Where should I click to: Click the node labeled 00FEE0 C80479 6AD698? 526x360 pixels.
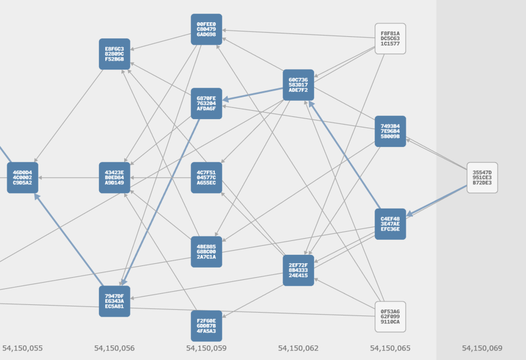point(207,29)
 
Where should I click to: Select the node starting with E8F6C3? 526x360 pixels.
point(115,54)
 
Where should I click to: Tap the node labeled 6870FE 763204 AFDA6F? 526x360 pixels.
point(207,103)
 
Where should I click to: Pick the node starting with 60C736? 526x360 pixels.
point(298,85)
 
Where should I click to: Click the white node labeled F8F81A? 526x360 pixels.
point(390,38)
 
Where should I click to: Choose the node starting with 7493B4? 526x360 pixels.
point(390,131)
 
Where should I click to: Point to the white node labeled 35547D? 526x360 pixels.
point(482,177)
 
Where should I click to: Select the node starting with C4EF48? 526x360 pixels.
point(390,224)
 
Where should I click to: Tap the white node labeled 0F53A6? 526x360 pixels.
point(390,317)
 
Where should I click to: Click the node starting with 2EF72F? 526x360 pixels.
point(298,270)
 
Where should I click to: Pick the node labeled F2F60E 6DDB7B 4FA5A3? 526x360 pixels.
point(207,326)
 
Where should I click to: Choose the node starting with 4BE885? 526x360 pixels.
point(207,251)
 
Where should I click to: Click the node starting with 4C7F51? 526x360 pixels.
point(207,177)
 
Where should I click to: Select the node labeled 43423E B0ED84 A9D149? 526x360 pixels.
point(115,177)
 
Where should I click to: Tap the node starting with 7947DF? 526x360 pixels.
point(115,301)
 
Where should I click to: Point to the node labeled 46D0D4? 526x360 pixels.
point(22,177)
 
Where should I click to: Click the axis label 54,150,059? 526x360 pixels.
point(207,348)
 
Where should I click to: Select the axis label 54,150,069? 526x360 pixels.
point(482,348)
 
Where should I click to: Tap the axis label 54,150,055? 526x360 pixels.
point(22,348)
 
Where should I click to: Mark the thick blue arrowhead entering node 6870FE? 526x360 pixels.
point(225,99)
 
